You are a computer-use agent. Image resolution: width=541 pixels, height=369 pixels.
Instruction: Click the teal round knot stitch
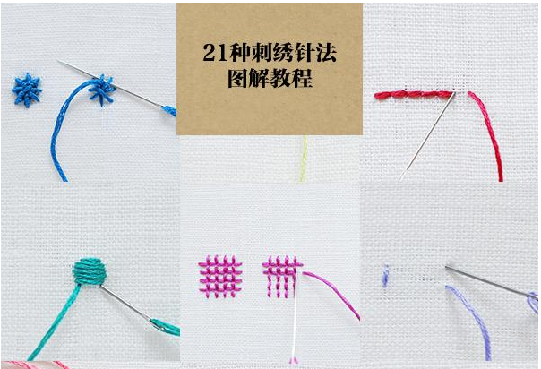pyautogui.click(x=87, y=271)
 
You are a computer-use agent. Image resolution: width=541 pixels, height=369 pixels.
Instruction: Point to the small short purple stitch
pyautogui.click(x=385, y=276)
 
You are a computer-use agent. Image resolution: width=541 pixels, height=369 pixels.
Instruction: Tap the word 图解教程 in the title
pyautogui.click(x=270, y=80)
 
